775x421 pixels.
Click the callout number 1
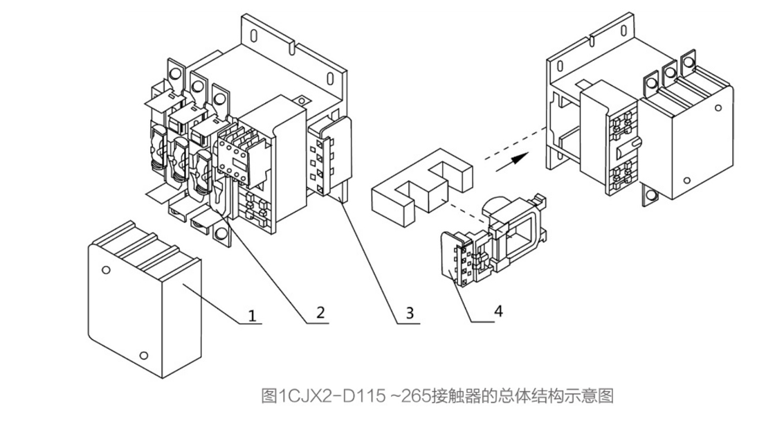tap(253, 315)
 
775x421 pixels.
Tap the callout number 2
tap(319, 312)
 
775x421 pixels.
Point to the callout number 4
tap(497, 311)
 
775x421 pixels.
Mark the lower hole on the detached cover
tap(143, 356)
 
